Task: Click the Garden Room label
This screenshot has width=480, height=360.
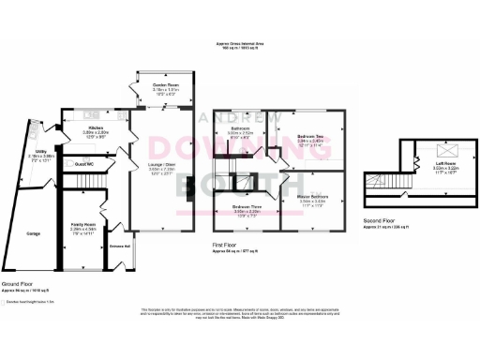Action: point(167,85)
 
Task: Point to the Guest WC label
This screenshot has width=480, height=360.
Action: point(84,163)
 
